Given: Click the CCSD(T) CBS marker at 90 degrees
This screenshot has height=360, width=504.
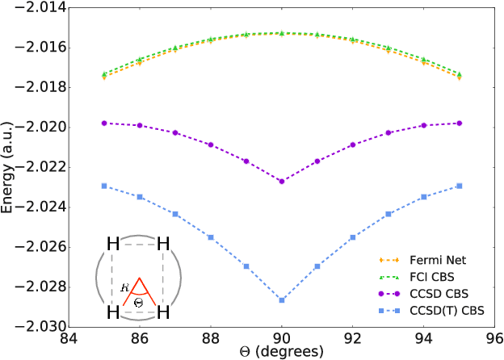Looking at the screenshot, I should click(282, 300).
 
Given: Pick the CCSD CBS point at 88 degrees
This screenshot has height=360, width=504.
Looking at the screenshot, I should click(211, 144).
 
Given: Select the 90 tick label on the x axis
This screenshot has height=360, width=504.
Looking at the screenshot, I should click(282, 339).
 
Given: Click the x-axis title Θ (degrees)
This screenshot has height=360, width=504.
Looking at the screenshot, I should click(282, 353).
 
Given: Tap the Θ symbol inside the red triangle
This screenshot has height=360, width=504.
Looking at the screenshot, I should click(139, 302).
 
